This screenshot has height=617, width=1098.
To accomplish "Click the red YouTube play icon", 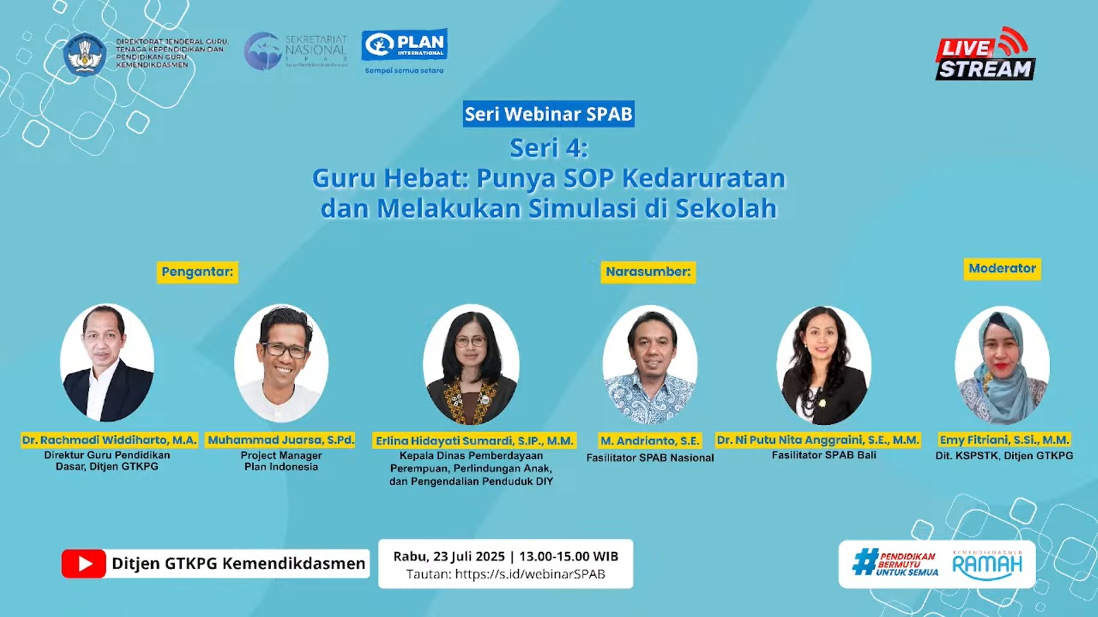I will point(84,564).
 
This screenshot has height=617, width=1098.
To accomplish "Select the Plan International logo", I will point(405,45).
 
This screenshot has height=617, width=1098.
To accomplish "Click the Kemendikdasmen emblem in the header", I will point(84,55).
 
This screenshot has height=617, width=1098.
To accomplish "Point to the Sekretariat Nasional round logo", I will point(262,51).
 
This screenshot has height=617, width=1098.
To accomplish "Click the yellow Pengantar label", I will point(198,271).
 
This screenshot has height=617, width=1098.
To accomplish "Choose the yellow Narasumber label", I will point(648,271).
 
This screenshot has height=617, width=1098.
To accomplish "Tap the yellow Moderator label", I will point(1002,269).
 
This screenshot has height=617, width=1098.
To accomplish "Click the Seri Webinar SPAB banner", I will point(548,114).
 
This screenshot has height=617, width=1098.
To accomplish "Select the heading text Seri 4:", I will point(548,148).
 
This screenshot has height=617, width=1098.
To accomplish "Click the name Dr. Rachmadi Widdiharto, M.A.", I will point(109,440).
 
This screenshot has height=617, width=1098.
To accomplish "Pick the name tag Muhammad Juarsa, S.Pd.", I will point(281,440).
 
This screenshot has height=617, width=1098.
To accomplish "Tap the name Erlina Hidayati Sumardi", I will point(474,441).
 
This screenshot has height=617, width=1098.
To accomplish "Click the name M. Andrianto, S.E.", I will point(650,441).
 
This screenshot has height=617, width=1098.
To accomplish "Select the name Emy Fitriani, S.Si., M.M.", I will point(1004,440).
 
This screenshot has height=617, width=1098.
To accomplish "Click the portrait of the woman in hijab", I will point(1002,365).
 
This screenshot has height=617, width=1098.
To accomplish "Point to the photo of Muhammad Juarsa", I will point(281,363).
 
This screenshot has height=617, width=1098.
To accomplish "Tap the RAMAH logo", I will point(987,564).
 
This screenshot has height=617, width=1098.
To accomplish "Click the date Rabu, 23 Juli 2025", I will point(449,557).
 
